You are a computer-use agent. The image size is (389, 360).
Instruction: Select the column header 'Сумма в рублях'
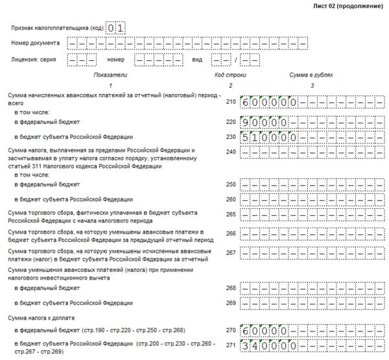pos(311,75)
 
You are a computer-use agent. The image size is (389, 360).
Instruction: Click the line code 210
pos(231,102)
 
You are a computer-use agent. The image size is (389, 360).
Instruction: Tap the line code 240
pos(231,152)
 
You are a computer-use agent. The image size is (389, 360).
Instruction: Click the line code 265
pos(231,213)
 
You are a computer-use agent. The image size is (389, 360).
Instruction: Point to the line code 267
pos(231,250)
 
